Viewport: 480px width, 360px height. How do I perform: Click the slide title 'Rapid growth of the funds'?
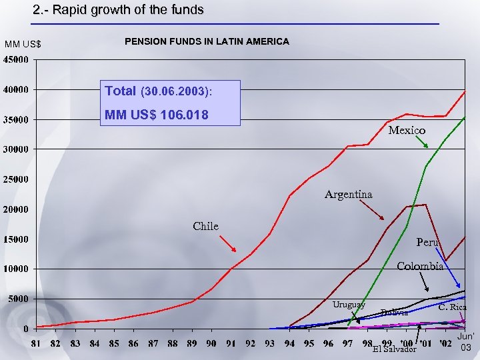pyautogui.click(x=119, y=10)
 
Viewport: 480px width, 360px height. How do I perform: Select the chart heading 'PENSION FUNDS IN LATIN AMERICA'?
pyautogui.click(x=207, y=41)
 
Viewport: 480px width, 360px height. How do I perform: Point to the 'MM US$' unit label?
pyautogui.click(x=23, y=45)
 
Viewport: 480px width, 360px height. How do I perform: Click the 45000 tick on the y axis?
pyautogui.click(x=17, y=59)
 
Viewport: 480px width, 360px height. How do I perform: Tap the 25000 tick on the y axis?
pyautogui.click(x=17, y=179)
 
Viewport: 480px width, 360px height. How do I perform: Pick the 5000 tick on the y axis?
pyautogui.click(x=19, y=299)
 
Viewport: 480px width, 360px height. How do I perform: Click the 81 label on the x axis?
pyautogui.click(x=36, y=343)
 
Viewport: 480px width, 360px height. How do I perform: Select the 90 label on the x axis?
pyautogui.click(x=211, y=343)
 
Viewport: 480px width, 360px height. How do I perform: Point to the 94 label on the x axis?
pyautogui.click(x=289, y=343)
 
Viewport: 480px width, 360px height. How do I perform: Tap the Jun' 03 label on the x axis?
pyautogui.click(x=466, y=343)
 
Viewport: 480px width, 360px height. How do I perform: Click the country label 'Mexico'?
pyautogui.click(x=407, y=131)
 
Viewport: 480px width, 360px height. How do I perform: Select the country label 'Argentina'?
pyautogui.click(x=348, y=195)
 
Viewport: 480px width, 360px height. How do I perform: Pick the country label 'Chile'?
pyautogui.click(x=205, y=226)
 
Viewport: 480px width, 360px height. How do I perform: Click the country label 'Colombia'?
pyautogui.click(x=420, y=267)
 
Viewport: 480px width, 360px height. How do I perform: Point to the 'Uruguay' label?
pyautogui.click(x=349, y=304)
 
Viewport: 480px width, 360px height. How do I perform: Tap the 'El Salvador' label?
pyautogui.click(x=395, y=349)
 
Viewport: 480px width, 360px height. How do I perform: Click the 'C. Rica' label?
pyautogui.click(x=452, y=307)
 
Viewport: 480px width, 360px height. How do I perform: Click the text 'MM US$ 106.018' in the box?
pyautogui.click(x=157, y=115)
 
